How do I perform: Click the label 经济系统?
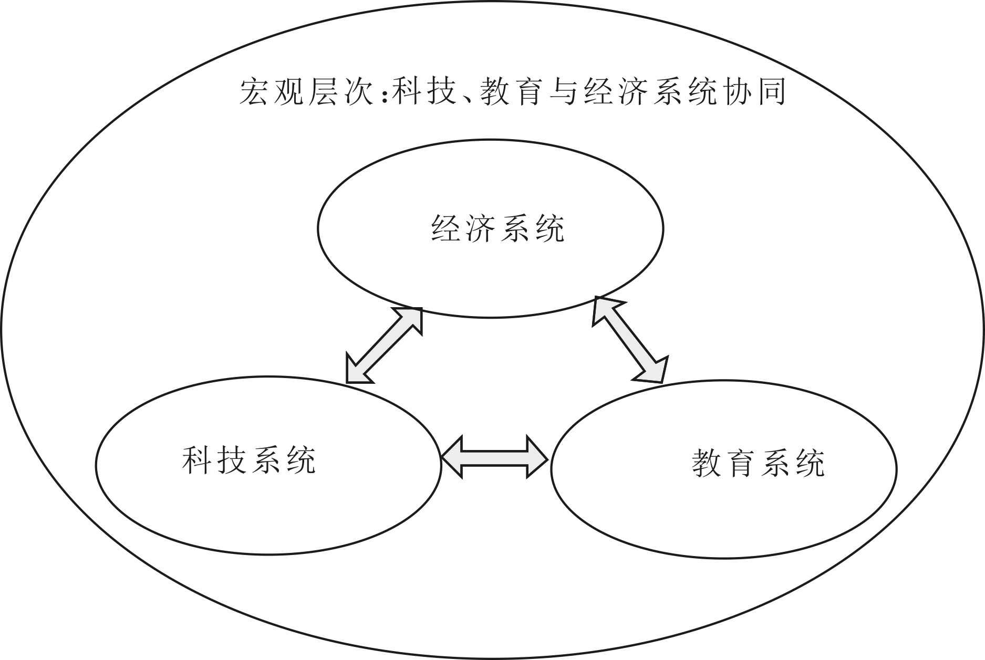[497, 228]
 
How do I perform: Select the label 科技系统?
[249, 460]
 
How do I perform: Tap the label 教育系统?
[758, 464]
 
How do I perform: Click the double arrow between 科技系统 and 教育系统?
[495, 457]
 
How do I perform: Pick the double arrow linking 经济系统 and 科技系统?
[385, 345]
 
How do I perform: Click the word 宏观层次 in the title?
[305, 92]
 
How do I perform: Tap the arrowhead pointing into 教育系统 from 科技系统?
[536, 457]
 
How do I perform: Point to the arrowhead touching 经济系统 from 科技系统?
[412, 318]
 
